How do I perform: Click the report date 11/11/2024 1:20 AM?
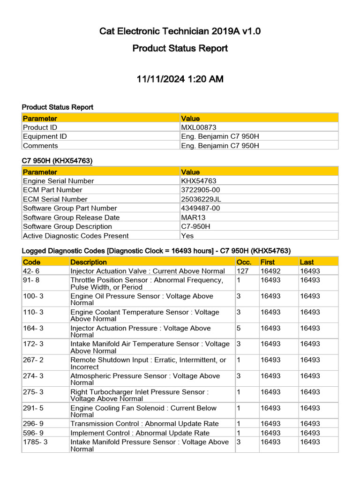coord(180,79)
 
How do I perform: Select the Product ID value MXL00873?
coord(199,127)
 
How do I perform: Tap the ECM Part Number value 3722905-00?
coord(201,190)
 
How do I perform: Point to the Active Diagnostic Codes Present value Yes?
coord(187,236)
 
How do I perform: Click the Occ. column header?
coord(244,262)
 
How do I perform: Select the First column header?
coord(268,262)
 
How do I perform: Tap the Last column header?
coord(307,262)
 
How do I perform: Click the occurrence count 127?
coord(243,271)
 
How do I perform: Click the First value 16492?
coord(270,271)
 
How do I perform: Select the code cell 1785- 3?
coord(35,442)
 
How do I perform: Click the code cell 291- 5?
coord(33,408)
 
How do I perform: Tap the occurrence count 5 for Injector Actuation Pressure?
coord(239,329)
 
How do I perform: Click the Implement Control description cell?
coord(140,433)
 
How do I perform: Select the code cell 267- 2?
coord(33,360)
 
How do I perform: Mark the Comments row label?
coord(40,146)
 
